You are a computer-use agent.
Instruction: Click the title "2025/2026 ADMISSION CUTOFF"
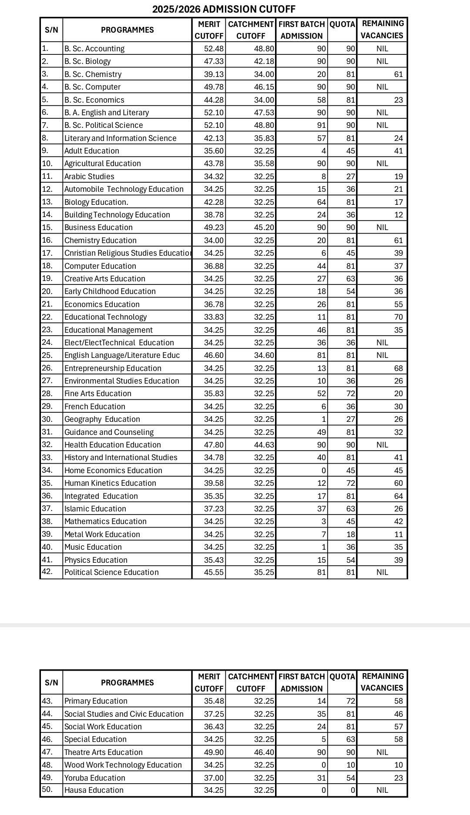click(224, 9)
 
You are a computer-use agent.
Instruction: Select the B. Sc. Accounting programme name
click(94, 49)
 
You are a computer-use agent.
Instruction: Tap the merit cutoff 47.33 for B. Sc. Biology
click(214, 61)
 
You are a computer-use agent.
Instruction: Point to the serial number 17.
click(47, 253)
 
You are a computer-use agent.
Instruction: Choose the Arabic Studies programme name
click(89, 177)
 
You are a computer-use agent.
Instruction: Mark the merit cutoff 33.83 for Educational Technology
click(214, 317)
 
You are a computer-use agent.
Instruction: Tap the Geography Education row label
click(102, 419)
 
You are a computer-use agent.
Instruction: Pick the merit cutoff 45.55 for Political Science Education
click(214, 572)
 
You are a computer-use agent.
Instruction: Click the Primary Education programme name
click(96, 701)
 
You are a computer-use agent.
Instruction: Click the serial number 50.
click(47, 790)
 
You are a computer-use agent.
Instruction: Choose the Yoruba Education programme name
click(95, 778)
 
